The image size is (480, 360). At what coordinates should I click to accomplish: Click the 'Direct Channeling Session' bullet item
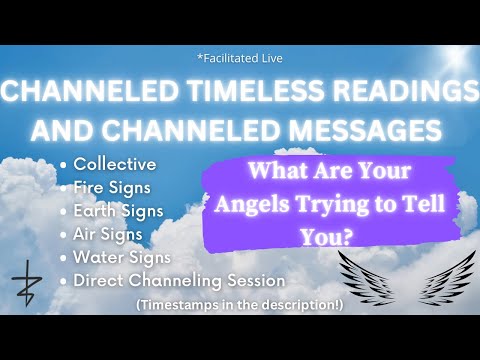pyautogui.click(x=177, y=281)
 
